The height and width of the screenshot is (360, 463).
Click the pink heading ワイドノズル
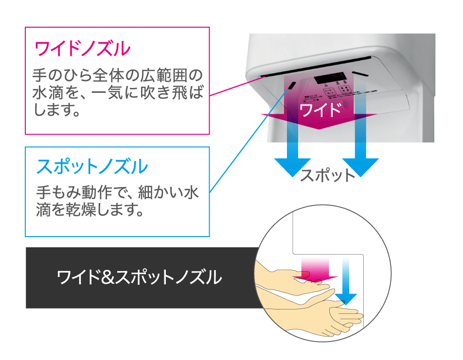[83, 49]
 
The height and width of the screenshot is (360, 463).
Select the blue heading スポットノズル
[92, 167]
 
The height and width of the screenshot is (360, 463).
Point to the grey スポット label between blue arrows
[327, 175]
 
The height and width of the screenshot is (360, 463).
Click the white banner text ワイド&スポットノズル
[140, 278]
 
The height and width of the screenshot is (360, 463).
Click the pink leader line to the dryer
[233, 86]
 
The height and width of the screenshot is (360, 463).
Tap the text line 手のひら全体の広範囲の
[117, 76]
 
